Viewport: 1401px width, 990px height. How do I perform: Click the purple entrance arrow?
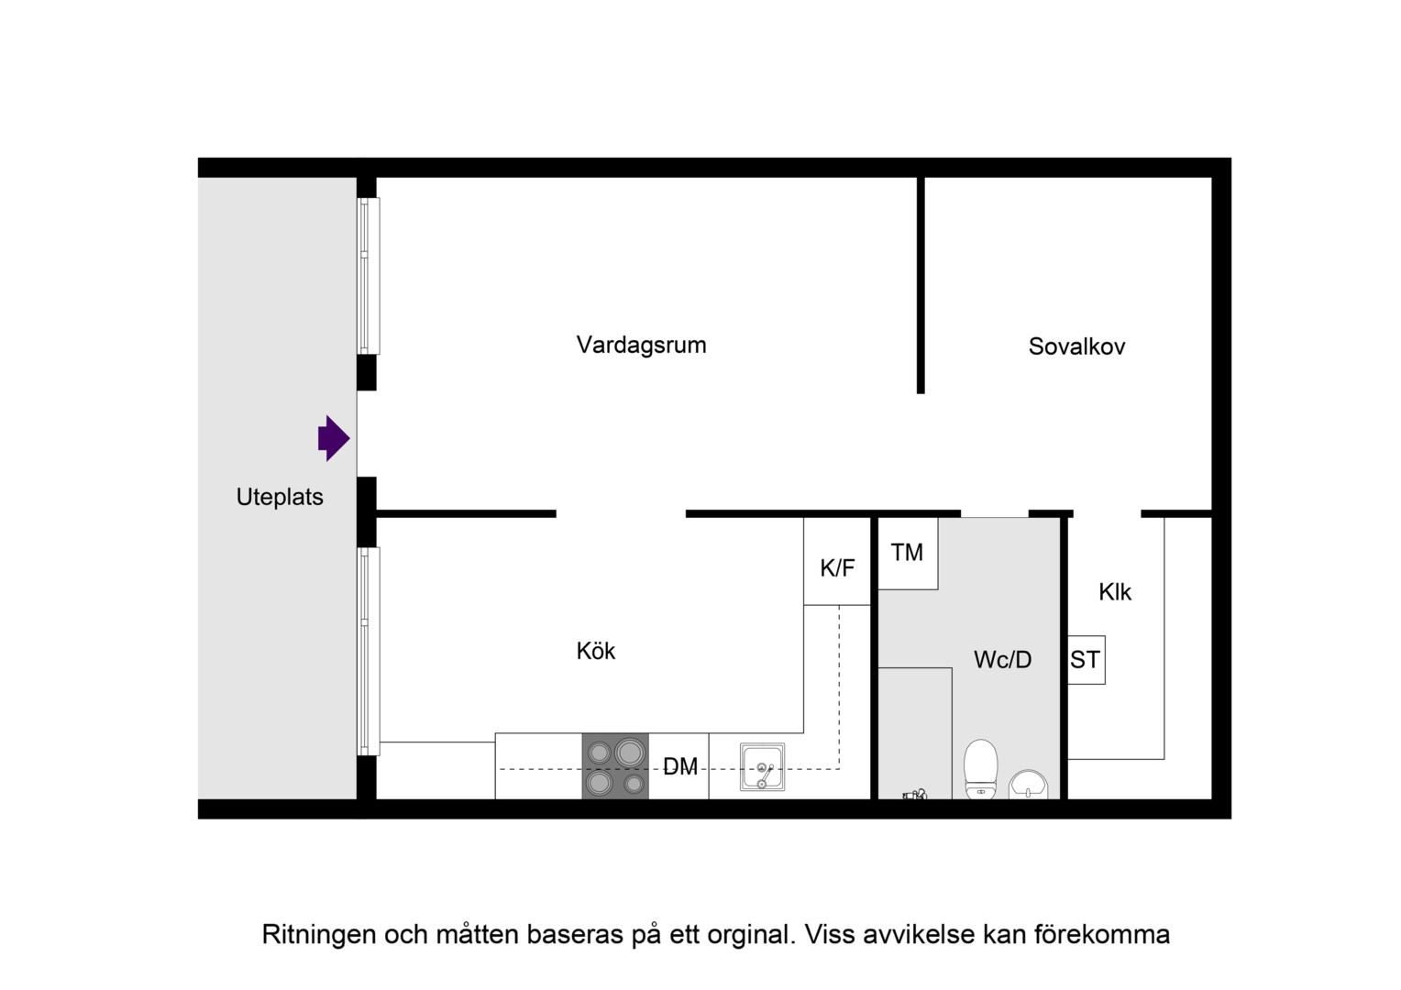334,438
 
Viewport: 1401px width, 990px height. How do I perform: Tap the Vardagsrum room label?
641,346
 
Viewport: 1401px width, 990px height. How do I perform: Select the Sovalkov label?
1076,346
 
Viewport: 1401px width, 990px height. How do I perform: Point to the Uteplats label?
280,497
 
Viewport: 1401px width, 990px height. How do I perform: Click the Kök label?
595,651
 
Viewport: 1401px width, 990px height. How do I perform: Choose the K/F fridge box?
837,562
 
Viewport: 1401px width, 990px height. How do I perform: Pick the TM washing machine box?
908,554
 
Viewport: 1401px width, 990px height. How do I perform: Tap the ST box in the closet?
1086,660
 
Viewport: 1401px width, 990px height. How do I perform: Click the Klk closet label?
1115,592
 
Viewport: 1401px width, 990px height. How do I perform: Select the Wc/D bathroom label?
1002,660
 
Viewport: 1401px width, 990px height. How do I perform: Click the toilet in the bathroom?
981,769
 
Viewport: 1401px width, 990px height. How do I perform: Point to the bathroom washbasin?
1028,785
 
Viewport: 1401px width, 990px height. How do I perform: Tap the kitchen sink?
763,767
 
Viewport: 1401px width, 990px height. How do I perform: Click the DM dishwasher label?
679,766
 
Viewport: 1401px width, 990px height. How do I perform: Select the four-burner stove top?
615,766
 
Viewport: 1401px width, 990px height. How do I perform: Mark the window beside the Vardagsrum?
369,276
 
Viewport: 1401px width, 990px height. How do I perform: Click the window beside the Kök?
369,652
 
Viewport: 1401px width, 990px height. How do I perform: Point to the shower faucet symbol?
914,795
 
